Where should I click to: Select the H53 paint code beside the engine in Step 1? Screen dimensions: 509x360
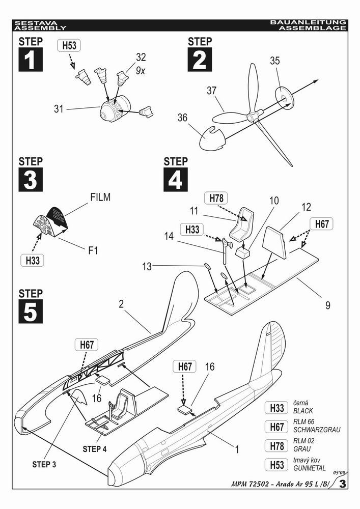tap(69, 46)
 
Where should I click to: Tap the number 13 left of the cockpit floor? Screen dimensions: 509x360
tap(147, 266)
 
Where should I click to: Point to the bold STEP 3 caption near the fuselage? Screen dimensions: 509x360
tap(47, 464)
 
